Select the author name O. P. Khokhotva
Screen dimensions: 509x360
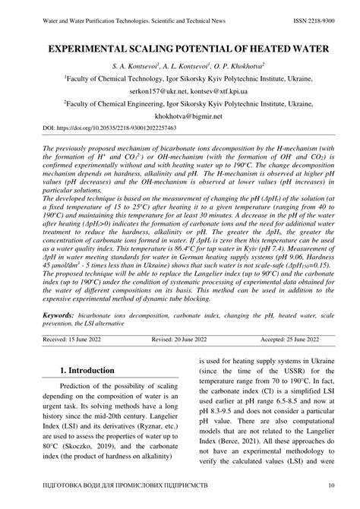click(x=239, y=66)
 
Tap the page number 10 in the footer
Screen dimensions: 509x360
click(x=332, y=486)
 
